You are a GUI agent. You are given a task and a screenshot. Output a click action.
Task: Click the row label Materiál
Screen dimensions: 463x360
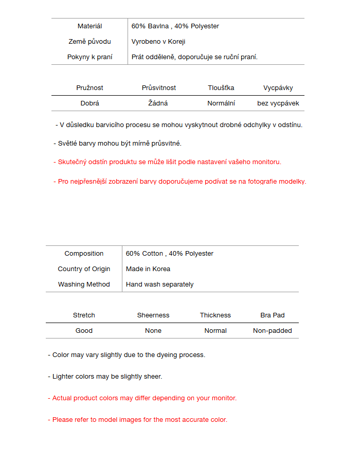click(89, 26)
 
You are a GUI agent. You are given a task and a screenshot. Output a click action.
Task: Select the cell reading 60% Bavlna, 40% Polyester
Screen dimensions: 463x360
click(175, 26)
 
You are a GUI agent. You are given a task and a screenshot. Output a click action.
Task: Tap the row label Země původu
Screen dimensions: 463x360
click(89, 42)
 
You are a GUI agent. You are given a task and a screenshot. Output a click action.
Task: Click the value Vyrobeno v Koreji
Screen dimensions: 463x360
click(158, 42)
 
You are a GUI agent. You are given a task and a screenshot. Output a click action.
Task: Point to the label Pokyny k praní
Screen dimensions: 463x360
click(89, 57)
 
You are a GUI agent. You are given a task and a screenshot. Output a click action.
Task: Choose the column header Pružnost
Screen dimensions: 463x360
click(89, 88)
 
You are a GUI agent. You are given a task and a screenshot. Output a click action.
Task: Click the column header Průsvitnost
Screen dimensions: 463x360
click(159, 88)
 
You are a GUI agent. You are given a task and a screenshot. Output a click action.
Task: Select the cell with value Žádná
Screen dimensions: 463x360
click(158, 103)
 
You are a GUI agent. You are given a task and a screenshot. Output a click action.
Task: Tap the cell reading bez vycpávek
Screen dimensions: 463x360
click(278, 103)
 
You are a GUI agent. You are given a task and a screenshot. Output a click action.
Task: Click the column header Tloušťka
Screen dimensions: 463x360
click(221, 88)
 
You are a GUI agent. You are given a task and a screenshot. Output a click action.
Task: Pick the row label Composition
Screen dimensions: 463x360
click(84, 254)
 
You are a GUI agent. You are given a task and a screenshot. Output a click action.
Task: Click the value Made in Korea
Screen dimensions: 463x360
click(148, 269)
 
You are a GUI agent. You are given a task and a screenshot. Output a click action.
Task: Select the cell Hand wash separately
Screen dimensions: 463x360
click(160, 284)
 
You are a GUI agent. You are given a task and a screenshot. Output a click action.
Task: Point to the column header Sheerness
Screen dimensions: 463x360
click(153, 315)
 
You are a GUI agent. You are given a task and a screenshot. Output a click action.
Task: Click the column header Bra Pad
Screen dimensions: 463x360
click(273, 315)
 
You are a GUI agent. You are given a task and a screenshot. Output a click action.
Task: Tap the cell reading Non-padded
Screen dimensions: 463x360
click(273, 331)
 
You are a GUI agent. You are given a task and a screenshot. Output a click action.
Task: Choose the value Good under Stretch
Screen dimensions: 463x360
click(84, 331)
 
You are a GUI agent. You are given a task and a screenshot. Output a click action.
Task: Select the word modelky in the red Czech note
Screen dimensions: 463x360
click(293, 181)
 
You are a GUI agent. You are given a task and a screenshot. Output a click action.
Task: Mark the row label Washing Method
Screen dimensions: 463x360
click(84, 284)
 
